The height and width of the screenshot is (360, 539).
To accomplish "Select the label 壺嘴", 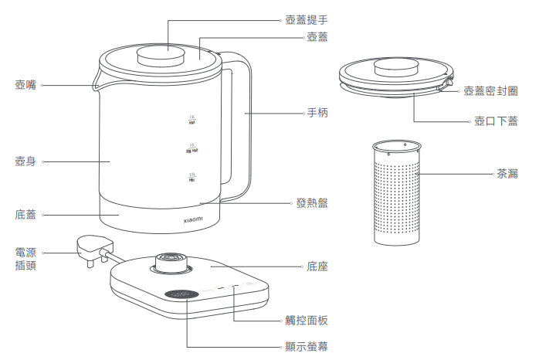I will (25, 83).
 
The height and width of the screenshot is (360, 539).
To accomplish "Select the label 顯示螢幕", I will (307, 347).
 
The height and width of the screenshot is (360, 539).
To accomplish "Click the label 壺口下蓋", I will (496, 121).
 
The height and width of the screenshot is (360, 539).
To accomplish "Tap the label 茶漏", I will (507, 174).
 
